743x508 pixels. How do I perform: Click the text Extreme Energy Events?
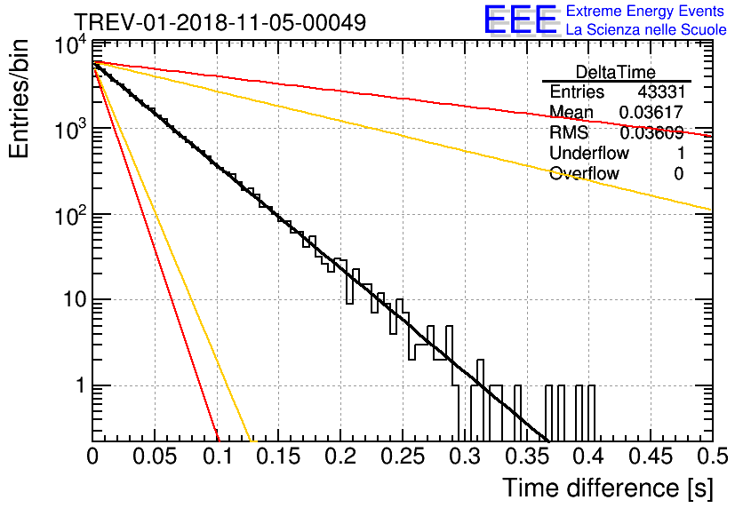pyautogui.click(x=644, y=12)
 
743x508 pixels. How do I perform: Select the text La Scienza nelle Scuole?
pyautogui.click(x=646, y=30)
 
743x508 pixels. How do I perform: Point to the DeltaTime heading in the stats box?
pyautogui.click(x=616, y=72)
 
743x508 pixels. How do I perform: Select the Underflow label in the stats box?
pyautogui.click(x=589, y=154)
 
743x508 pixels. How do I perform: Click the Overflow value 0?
pyautogui.click(x=678, y=174)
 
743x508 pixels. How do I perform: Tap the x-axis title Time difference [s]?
pyautogui.click(x=607, y=488)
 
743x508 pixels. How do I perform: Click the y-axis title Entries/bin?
pyautogui.click(x=21, y=98)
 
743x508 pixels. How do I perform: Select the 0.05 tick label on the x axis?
pyautogui.click(x=156, y=456)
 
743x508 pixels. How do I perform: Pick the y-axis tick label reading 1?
pyautogui.click(x=78, y=386)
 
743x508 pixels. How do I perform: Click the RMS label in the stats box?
pyautogui.click(x=569, y=133)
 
